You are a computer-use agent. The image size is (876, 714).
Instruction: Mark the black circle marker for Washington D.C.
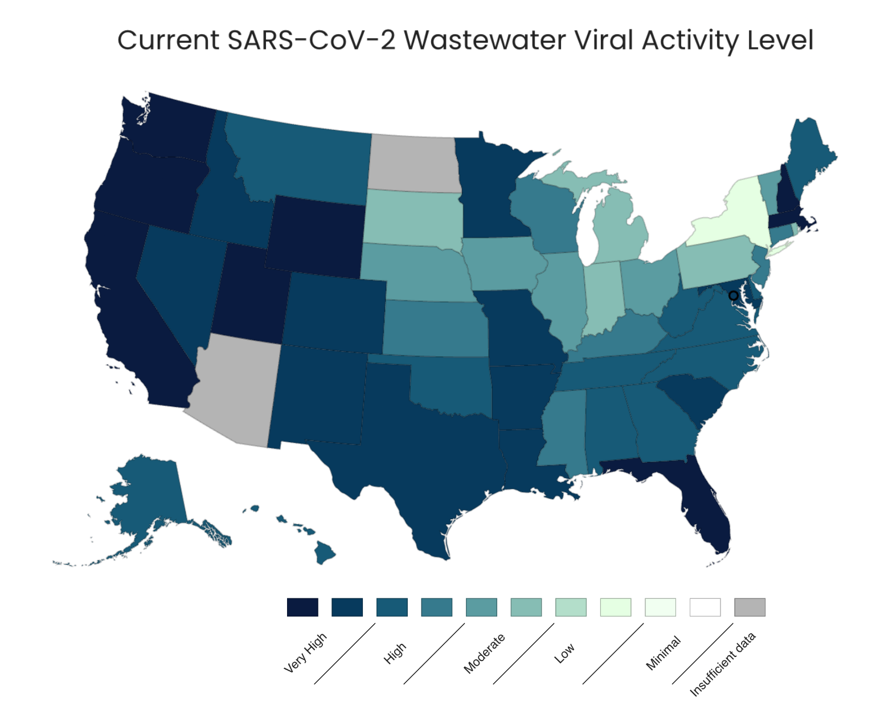coord(734,296)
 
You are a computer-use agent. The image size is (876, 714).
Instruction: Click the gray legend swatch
coord(750,607)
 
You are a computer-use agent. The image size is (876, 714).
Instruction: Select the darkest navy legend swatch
coord(302,607)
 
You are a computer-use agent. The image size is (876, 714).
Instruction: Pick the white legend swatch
coord(705,607)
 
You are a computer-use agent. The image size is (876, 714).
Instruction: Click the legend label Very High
coord(305,653)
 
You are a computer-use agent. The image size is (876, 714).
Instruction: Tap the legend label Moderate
coord(484,654)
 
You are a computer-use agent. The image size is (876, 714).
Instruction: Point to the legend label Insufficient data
coord(723,664)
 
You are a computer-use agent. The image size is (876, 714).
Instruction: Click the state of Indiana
coord(603,296)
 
